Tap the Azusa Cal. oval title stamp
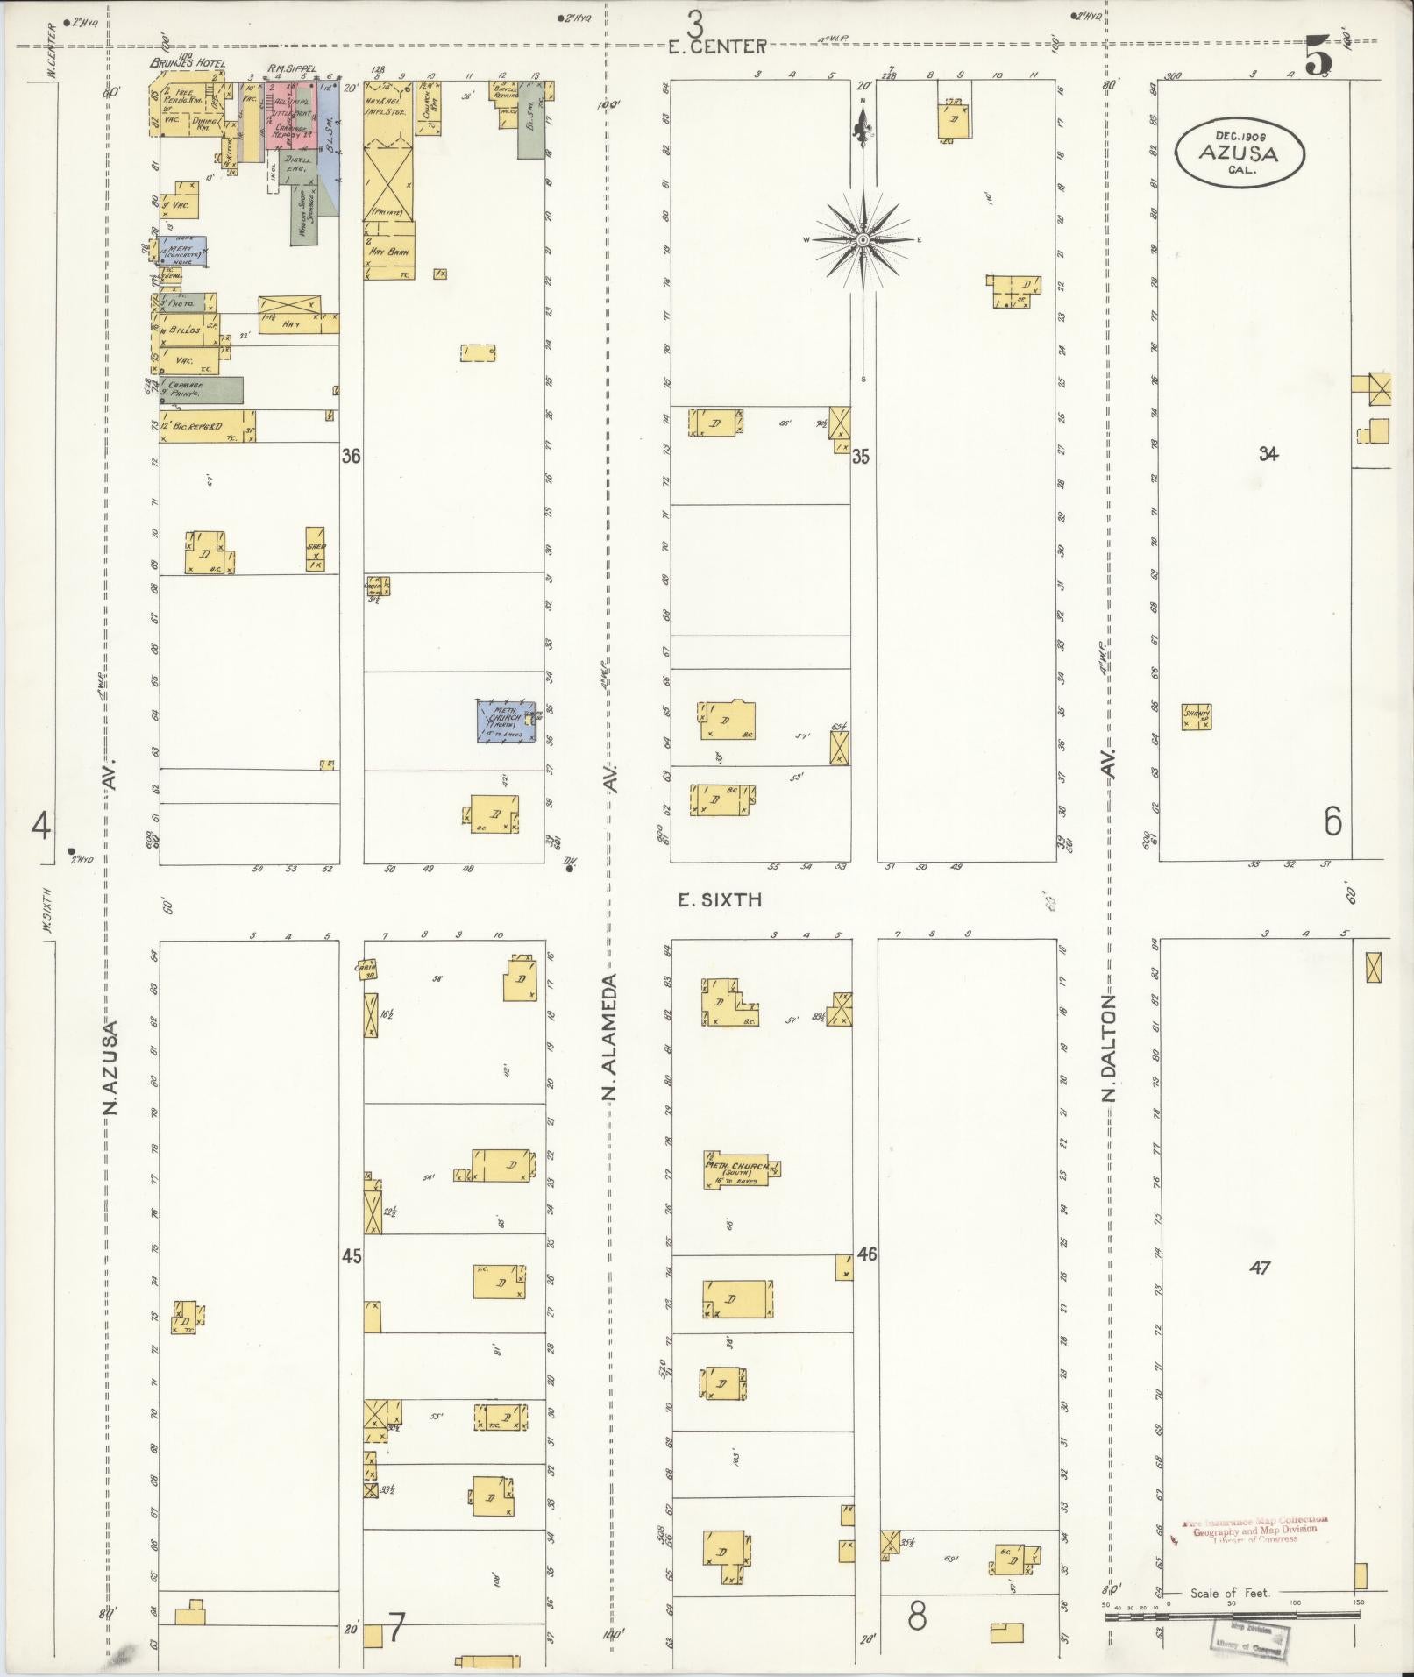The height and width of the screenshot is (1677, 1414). [x=1240, y=153]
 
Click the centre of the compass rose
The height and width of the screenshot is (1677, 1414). [x=863, y=239]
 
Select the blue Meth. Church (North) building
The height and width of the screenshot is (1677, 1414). [x=506, y=721]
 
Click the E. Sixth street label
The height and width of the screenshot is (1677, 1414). [x=720, y=899]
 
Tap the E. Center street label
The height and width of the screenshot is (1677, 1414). [x=717, y=46]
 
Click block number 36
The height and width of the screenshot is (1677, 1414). [x=352, y=456]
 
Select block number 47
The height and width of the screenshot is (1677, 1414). [x=1260, y=1268]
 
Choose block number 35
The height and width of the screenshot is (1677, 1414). [x=861, y=456]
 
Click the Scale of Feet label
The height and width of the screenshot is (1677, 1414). [x=1229, y=1593]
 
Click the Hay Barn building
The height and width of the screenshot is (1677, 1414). [x=389, y=250]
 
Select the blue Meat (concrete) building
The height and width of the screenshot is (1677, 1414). [x=183, y=251]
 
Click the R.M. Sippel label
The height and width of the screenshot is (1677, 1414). [x=291, y=67]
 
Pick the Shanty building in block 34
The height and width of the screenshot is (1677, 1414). [x=1196, y=717]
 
